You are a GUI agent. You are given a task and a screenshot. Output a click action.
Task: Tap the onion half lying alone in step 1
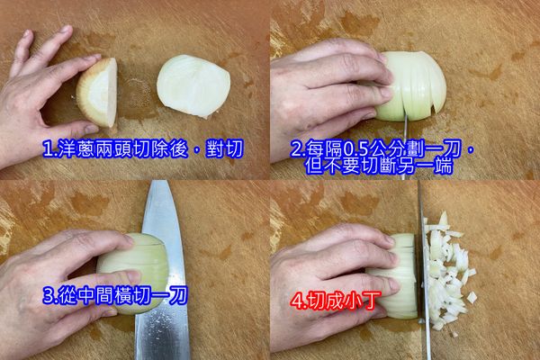point(193,86)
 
